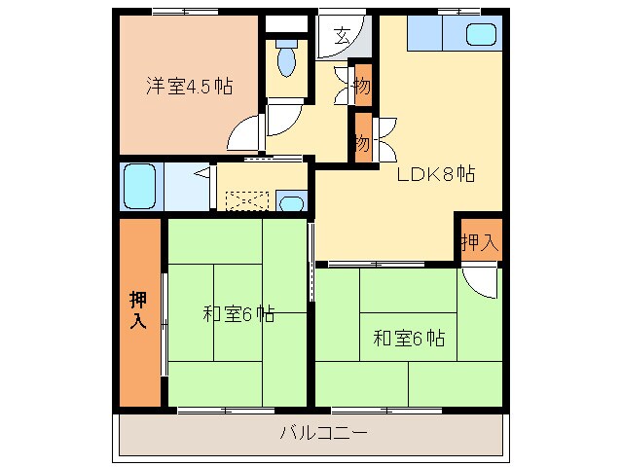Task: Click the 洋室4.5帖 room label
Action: (189, 85)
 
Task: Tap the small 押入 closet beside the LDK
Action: (479, 240)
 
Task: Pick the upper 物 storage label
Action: (362, 87)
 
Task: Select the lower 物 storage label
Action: (362, 142)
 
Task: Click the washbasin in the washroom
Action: (291, 203)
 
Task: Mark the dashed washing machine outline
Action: (246, 200)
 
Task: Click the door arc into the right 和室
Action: (481, 281)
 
